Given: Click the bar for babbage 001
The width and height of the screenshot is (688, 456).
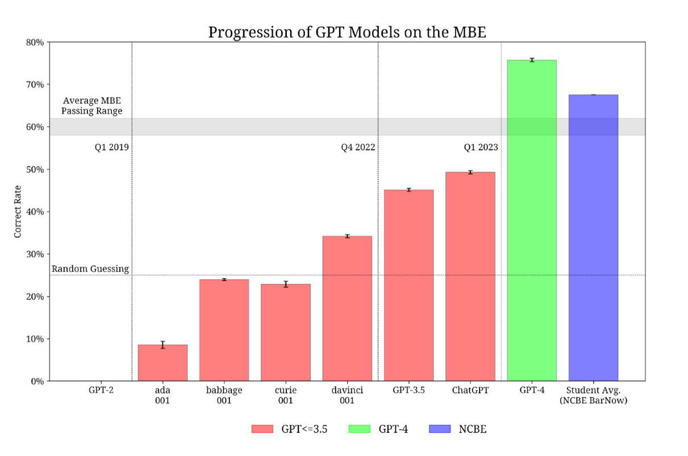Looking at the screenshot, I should point(224,330).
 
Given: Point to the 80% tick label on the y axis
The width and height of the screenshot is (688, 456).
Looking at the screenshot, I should point(35,42).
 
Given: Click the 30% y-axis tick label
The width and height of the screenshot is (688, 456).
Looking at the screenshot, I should point(35,254).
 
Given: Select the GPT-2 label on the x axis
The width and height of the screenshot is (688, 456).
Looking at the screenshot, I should point(101,390).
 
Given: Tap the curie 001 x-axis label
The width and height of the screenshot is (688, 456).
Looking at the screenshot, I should point(285,395).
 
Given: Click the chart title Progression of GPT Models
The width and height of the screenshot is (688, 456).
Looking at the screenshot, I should point(347,32).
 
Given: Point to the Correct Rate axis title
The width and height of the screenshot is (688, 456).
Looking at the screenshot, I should point(19,211).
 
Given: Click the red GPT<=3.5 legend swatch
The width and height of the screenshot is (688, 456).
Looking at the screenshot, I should point(262,429).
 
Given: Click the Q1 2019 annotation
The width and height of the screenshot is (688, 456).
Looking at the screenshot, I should point(112,147).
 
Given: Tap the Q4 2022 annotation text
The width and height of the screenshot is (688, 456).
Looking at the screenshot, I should point(358,147).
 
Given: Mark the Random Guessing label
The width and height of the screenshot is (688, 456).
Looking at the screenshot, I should point(90,269).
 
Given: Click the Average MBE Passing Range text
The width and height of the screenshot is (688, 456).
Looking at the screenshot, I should point(92,106).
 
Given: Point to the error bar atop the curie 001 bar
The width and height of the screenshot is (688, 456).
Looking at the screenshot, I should point(286,284).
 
